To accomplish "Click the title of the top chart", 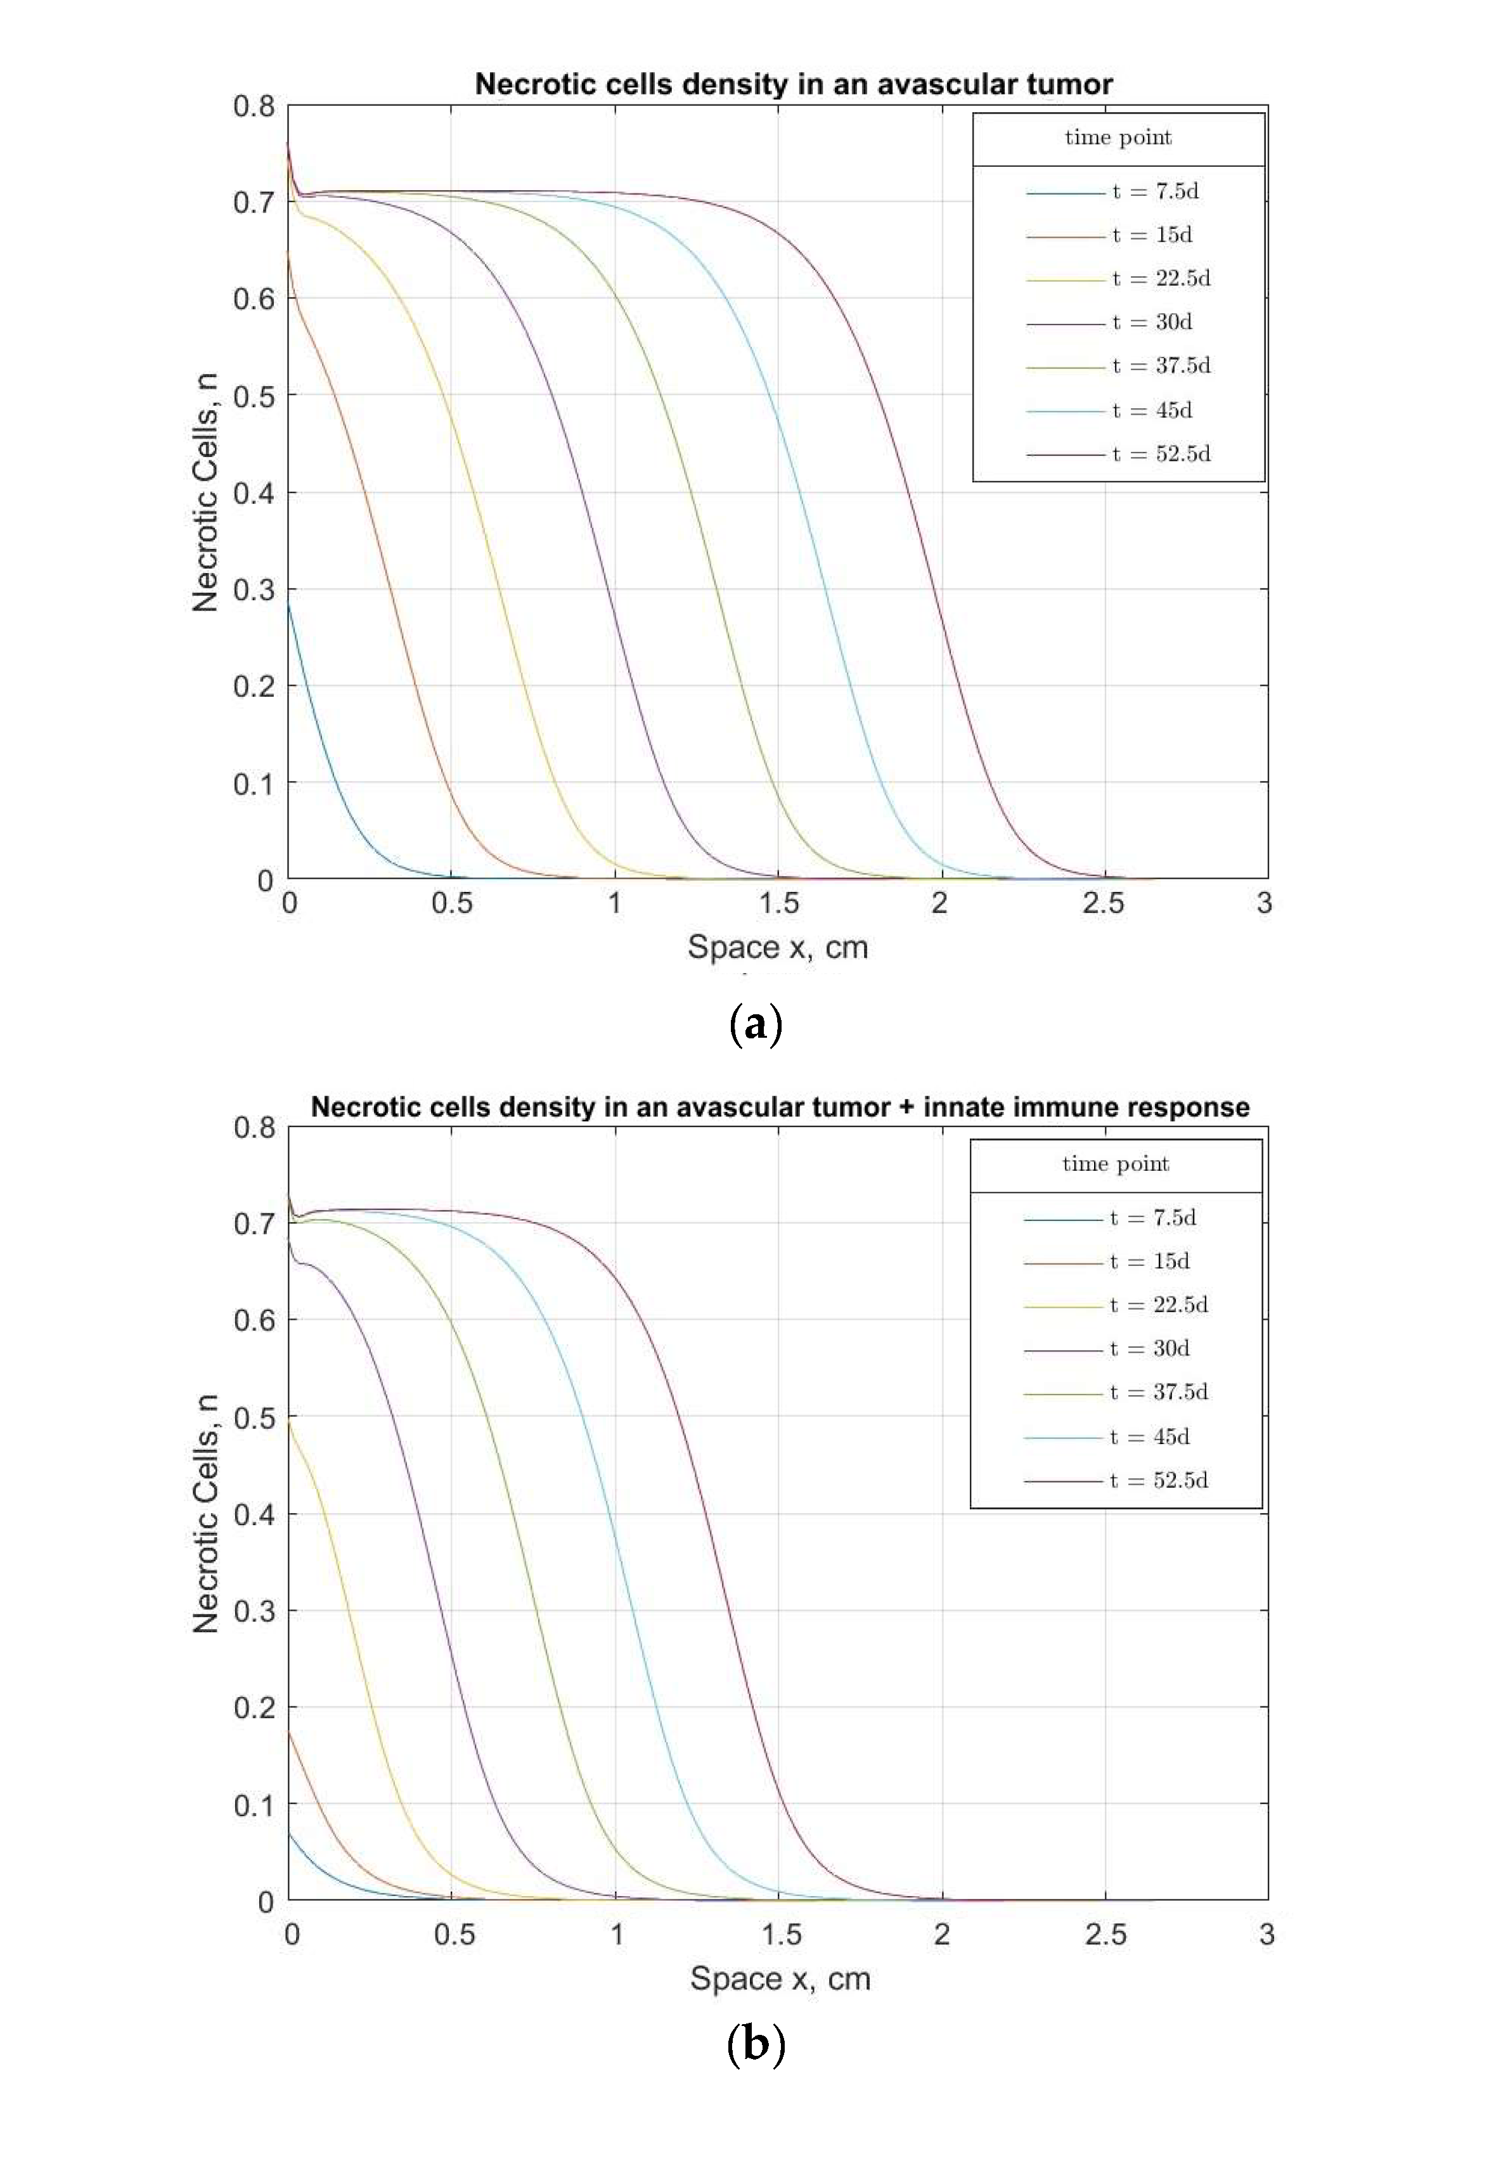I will [793, 84].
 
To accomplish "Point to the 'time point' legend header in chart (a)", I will [1118, 138].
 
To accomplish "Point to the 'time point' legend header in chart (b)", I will [1115, 1165].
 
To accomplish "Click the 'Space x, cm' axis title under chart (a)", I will [777, 947].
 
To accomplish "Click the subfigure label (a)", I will [756, 1024].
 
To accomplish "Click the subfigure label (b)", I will [756, 2044].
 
